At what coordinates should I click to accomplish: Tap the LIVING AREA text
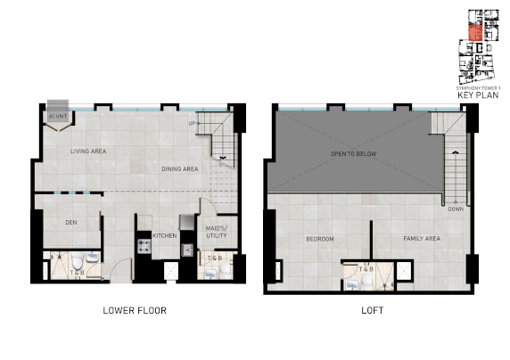tap(88, 151)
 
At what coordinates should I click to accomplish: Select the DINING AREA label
tap(180, 168)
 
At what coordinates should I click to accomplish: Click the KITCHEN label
tap(165, 235)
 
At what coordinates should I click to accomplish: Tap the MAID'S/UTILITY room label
tap(216, 232)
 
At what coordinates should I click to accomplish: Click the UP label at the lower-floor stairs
tap(192, 123)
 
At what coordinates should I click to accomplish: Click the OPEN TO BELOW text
tap(351, 152)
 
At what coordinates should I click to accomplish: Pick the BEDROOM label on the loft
tap(320, 239)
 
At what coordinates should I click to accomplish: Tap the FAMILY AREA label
tap(422, 239)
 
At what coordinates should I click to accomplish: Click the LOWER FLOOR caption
tap(133, 311)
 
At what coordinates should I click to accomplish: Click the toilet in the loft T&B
tap(355, 284)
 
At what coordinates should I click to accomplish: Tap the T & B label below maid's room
tap(215, 258)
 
